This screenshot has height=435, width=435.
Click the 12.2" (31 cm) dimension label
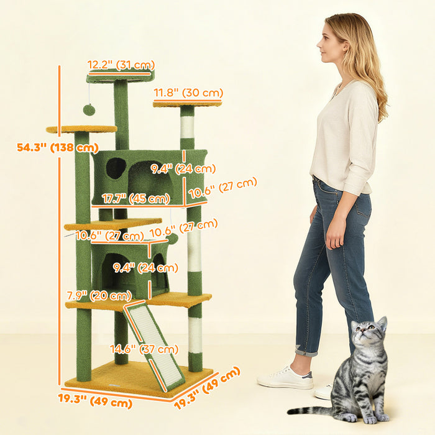(x=121, y=65)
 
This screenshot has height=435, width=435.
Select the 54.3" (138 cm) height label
(x=58, y=147)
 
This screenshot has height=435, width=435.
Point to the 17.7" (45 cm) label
(x=136, y=199)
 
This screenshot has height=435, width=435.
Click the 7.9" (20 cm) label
(x=99, y=295)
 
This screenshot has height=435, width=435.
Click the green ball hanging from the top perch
(x=89, y=110)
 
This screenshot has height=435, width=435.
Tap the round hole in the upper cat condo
(x=115, y=168)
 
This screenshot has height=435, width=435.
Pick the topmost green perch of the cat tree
(x=120, y=76)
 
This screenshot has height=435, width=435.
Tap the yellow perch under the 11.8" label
(x=187, y=103)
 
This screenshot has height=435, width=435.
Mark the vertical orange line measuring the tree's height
(x=60, y=230)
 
